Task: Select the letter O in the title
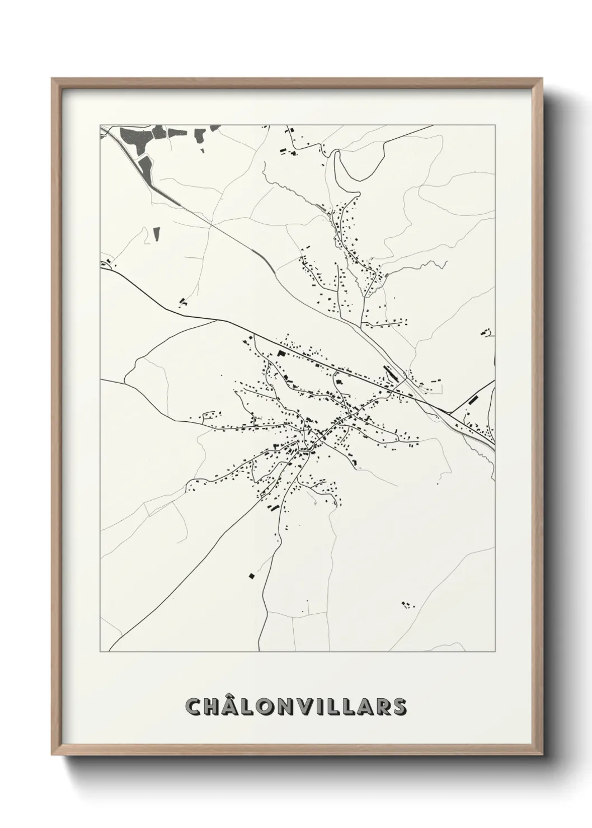pos(271,707)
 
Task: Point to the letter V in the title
pos(309,707)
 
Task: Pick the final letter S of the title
pos(398,707)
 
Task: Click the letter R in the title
pos(380,707)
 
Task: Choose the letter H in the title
pos(214,707)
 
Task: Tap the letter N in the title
pos(290,707)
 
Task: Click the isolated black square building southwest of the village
pos(252,576)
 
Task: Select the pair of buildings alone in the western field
pos(182,303)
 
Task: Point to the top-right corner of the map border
pos(495,125)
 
